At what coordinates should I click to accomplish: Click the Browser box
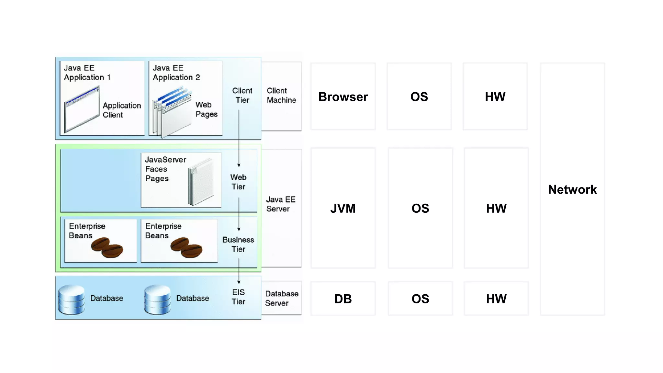point(343,96)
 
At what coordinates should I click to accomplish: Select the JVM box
point(343,208)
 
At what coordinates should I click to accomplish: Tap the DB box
point(343,299)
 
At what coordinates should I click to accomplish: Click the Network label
point(572,189)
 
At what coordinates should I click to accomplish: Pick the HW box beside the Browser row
point(495,96)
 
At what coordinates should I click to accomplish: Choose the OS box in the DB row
point(420,299)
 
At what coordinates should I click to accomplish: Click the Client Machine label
point(281,95)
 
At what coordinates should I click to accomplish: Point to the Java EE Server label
point(280,204)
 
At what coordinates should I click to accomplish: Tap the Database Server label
point(281,298)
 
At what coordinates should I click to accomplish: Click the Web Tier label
point(238,182)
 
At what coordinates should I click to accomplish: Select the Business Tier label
point(238,244)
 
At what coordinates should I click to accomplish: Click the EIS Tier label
point(238,297)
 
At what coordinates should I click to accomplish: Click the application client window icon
point(82,109)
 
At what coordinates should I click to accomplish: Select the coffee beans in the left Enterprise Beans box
point(107,247)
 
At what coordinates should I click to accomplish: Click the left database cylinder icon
point(72,300)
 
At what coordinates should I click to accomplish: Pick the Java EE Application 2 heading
point(176,73)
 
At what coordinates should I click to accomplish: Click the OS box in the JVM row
point(420,208)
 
